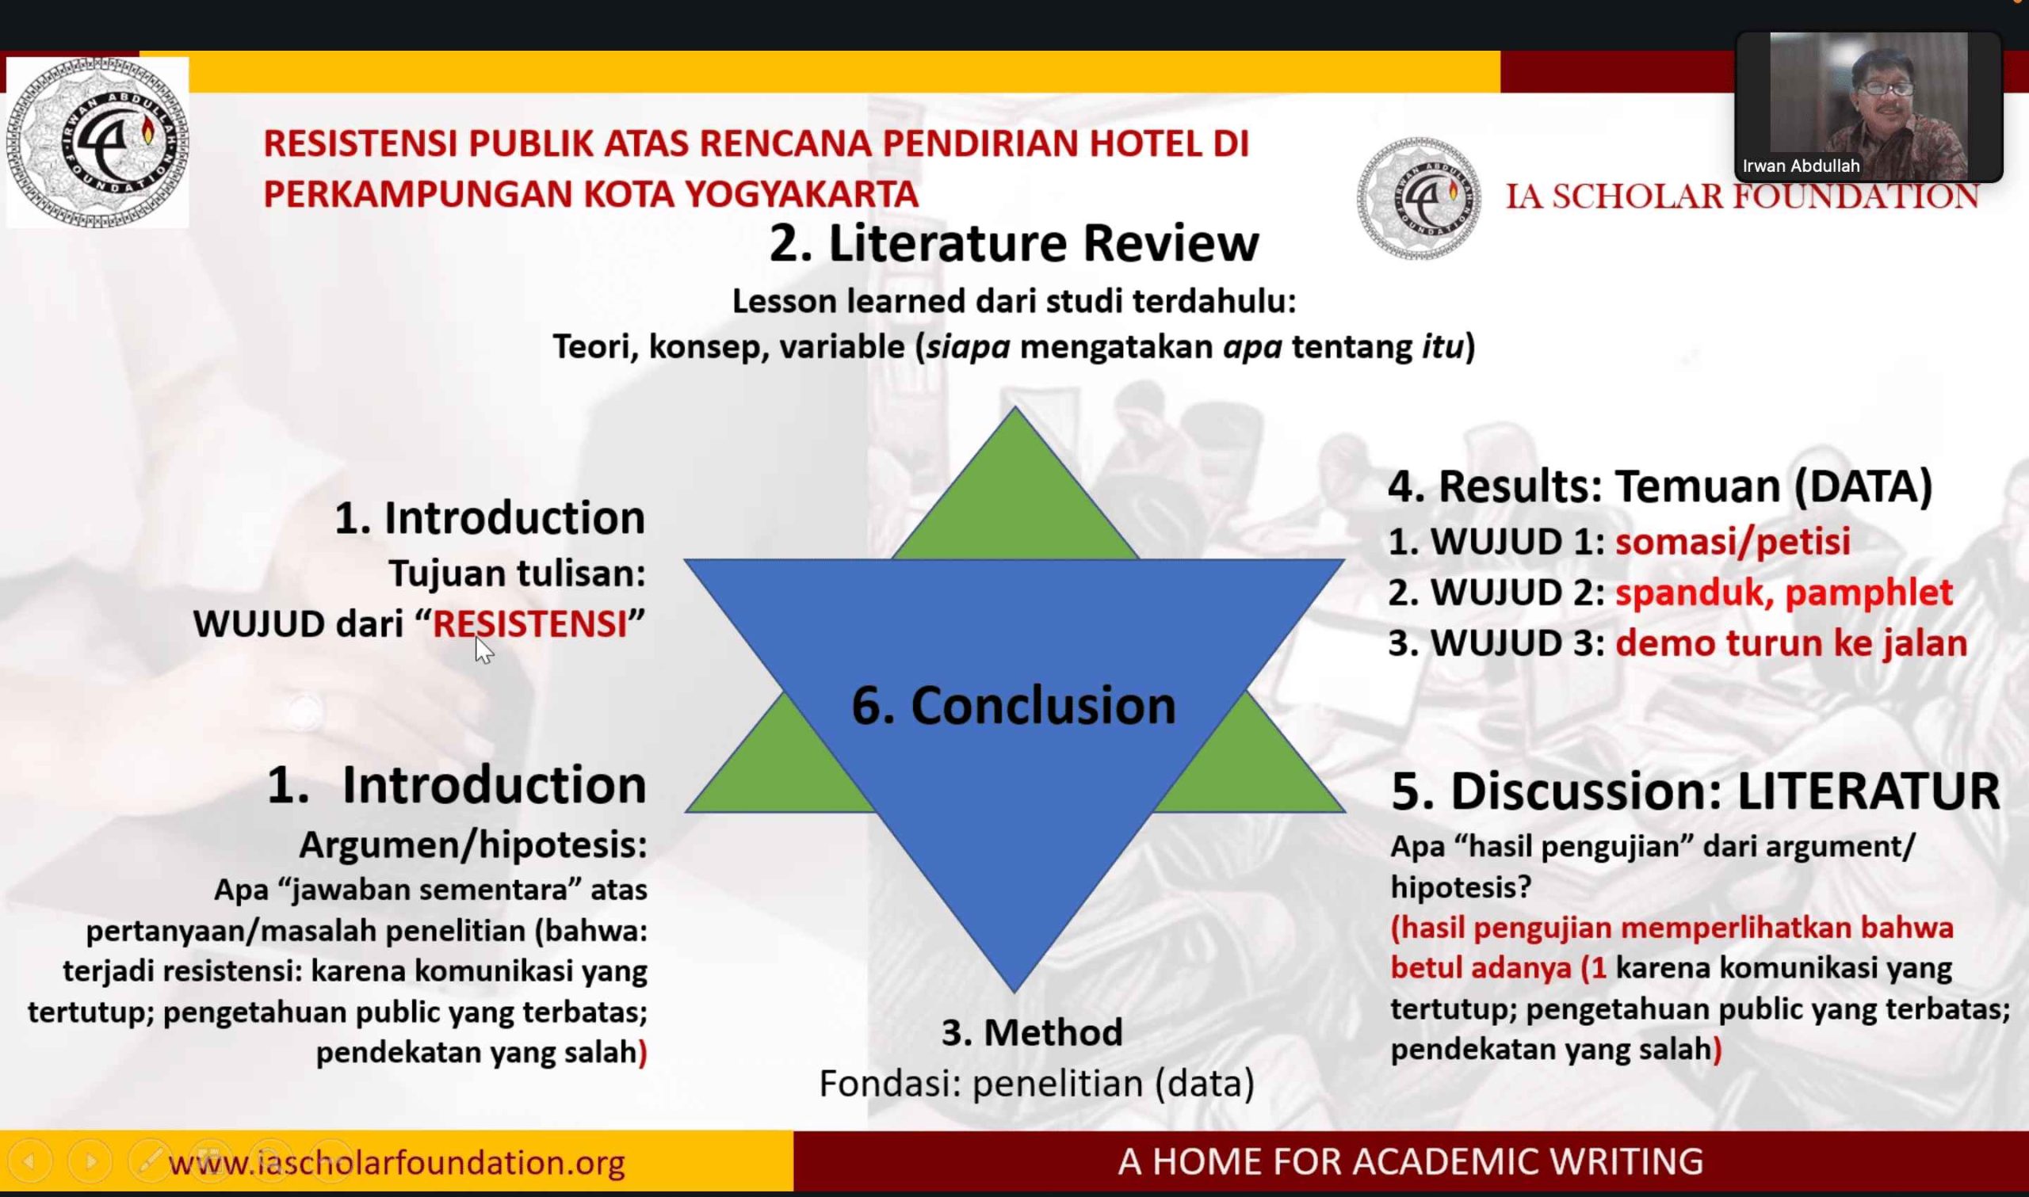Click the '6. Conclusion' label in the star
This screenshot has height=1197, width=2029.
pos(1013,706)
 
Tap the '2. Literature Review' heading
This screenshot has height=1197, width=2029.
pos(1013,242)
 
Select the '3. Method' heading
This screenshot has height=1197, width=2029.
pos(1032,1032)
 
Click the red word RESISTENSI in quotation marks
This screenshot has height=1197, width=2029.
pos(530,624)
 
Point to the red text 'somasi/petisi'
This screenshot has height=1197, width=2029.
pos(1733,542)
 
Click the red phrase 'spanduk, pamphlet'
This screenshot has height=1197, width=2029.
pos(1784,593)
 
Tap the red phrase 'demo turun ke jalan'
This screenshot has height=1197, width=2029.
pos(1791,644)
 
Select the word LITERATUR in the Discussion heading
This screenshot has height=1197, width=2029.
pos(1868,791)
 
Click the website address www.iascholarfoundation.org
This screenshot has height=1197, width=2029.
pos(397,1162)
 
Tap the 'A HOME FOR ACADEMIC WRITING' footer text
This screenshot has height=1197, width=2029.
pos(1410,1161)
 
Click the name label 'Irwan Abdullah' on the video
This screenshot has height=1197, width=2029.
pos(1801,166)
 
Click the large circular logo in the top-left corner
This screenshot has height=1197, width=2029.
pos(97,143)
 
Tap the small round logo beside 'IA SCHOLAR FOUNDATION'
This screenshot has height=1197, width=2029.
pos(1419,198)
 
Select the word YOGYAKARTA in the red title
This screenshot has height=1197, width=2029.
pos(801,193)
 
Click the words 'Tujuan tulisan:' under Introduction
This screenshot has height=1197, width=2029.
pos(517,574)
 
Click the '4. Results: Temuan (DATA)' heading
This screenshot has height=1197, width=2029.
pos(1660,487)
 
